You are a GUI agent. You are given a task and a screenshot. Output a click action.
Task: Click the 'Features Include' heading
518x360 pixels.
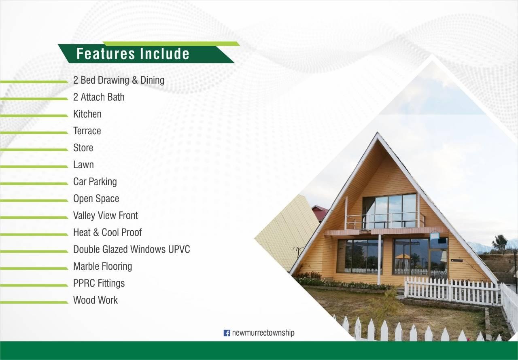[x=133, y=54]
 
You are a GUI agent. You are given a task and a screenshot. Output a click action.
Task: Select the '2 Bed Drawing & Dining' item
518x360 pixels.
[x=119, y=80]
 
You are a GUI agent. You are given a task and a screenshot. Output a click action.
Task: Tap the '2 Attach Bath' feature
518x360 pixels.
[x=99, y=97]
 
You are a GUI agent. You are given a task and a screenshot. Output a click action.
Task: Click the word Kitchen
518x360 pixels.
[x=87, y=114]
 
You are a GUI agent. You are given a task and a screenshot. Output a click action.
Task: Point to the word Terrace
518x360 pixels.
[x=87, y=131]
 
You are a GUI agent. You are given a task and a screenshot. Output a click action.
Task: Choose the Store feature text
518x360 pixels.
[x=83, y=148]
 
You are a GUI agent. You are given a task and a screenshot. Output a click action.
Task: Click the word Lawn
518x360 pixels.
[x=83, y=165]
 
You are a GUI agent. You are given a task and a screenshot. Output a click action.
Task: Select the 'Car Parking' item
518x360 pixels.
[x=95, y=182]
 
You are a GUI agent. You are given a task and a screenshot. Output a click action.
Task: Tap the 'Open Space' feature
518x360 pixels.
[x=96, y=199]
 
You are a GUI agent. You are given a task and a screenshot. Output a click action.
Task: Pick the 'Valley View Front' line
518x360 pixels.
[x=106, y=216]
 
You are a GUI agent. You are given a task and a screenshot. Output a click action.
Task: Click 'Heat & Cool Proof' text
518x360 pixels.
[x=108, y=233]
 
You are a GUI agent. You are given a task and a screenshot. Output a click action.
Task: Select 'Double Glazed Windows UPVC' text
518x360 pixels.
[x=132, y=249]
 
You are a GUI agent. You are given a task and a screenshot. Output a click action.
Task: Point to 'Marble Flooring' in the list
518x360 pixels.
[x=103, y=267]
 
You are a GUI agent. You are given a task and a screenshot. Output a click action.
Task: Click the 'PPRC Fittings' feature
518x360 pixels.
[x=99, y=283]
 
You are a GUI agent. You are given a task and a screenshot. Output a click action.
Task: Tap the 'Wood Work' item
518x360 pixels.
[x=96, y=300]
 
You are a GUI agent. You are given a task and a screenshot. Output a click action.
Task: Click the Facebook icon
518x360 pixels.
[x=227, y=333]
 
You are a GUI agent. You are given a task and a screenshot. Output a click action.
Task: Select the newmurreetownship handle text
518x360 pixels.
[x=263, y=333]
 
